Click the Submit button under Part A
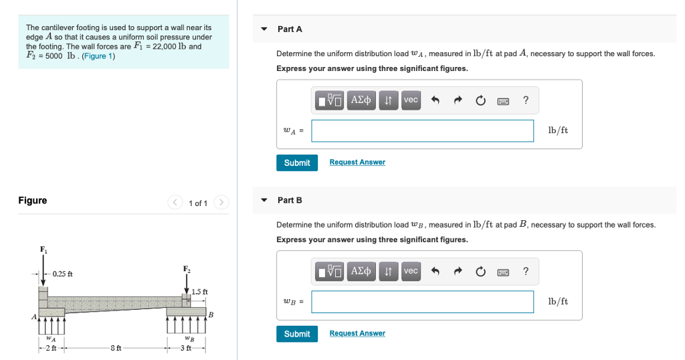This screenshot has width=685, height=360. point(297,163)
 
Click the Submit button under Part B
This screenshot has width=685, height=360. point(297,334)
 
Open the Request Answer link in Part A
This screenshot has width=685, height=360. point(357,162)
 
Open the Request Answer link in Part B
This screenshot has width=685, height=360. point(357,333)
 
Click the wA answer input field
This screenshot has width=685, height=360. point(423,130)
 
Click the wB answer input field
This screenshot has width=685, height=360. point(423,302)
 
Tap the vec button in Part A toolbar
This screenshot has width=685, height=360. point(411,100)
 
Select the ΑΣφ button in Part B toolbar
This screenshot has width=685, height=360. point(361,271)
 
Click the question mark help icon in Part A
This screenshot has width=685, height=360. point(526,100)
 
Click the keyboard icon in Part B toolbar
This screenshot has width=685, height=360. point(503,272)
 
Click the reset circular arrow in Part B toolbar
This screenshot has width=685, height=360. point(480,272)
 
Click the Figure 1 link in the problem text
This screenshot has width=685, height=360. point(98,56)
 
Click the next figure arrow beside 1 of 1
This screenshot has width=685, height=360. point(221,202)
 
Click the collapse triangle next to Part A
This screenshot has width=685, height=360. point(264,29)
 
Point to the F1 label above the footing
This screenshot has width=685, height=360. point(43,250)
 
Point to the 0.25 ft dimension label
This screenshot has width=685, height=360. point(62,274)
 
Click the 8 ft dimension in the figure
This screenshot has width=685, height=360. point(116,348)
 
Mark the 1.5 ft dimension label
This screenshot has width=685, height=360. point(199,291)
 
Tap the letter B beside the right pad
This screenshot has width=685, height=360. point(211,314)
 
